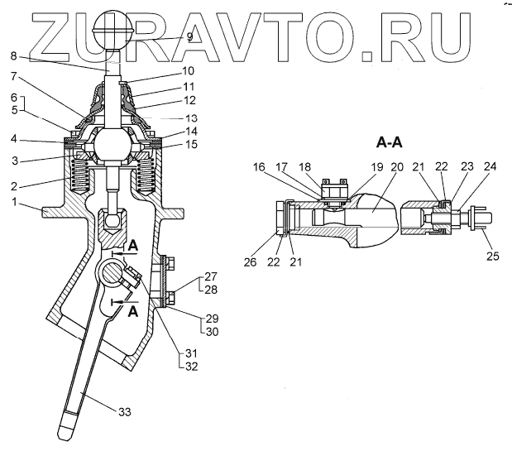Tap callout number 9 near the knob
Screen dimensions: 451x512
click(189, 37)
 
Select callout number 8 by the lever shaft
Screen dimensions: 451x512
click(12, 56)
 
